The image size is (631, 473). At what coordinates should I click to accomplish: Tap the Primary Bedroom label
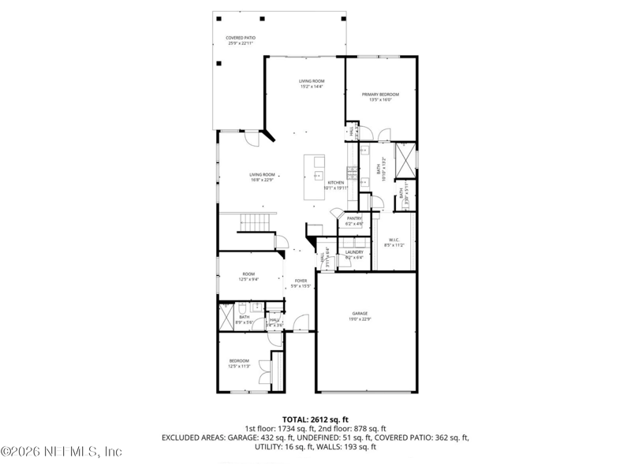click(x=380, y=97)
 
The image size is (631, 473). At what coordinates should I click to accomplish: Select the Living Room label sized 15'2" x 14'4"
click(x=312, y=84)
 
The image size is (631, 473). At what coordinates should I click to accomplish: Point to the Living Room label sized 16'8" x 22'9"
click(x=262, y=177)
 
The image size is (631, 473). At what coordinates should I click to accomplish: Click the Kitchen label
click(x=335, y=185)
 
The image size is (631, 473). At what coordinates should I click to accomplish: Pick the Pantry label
click(x=353, y=221)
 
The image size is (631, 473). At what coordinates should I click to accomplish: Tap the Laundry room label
click(x=354, y=254)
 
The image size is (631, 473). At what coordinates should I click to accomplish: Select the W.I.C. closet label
click(x=394, y=242)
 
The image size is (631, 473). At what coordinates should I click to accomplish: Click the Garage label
click(x=360, y=315)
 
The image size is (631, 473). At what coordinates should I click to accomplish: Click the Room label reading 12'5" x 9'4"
click(x=248, y=276)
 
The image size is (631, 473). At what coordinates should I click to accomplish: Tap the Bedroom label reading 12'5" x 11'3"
click(x=240, y=363)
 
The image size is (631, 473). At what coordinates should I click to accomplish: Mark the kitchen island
click(x=318, y=177)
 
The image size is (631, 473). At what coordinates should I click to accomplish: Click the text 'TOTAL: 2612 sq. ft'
click(x=315, y=419)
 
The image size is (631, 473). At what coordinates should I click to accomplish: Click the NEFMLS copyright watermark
click(x=62, y=452)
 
